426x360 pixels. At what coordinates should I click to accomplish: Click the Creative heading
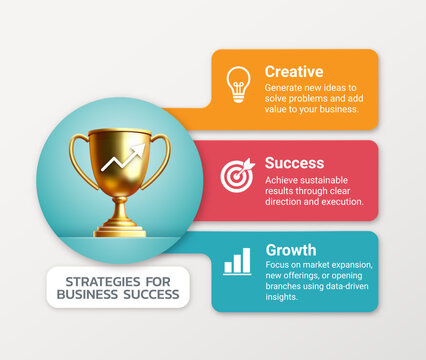coord(293,72)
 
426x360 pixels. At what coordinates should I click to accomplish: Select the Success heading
coord(294,162)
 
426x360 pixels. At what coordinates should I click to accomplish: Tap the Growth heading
coord(291,250)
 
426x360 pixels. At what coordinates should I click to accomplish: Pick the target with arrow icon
coord(238,174)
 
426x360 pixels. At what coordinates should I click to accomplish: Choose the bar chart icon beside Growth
coord(238,262)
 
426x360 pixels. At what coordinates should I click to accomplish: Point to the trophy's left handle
coord(80,160)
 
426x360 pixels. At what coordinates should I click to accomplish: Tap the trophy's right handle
coord(160,160)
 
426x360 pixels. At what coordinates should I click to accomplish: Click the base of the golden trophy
coord(120,230)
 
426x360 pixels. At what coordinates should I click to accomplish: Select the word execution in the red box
coord(340,201)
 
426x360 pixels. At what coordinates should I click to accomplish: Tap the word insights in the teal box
coord(281,297)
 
